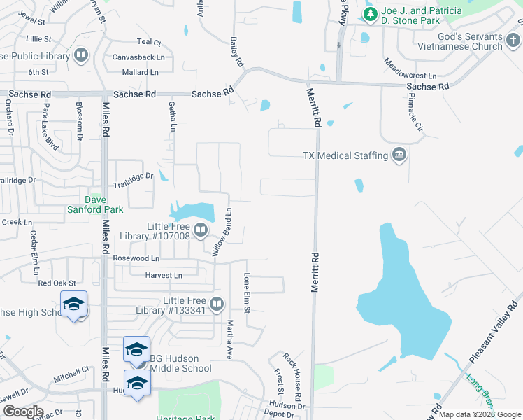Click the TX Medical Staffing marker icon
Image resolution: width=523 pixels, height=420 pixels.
pos(399,155)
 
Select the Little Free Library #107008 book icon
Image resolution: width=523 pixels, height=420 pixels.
pos(201,230)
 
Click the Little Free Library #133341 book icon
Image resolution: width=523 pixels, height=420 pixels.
pos(217,304)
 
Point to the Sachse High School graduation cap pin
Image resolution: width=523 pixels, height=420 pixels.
pos(73,305)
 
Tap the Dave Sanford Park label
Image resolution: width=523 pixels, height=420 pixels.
pos(95,204)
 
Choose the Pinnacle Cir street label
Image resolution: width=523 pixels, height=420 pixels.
pos(415,113)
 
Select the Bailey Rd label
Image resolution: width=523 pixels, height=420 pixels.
pos(236,52)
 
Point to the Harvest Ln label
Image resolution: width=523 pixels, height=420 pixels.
pos(163,275)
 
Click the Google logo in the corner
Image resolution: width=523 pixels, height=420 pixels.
pos(23,412)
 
